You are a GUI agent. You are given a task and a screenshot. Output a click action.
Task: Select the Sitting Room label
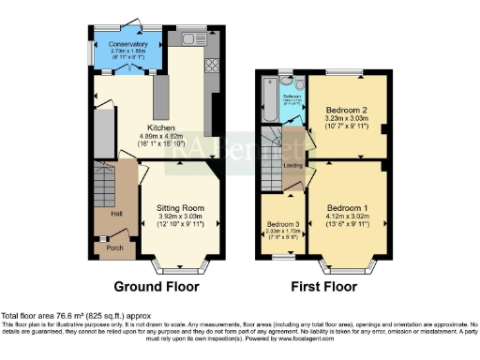click(179, 207)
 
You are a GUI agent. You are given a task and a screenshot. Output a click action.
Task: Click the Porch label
click(115, 248)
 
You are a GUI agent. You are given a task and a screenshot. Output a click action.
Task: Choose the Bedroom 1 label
click(346, 207)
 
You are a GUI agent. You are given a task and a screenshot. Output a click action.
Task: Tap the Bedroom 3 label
click(283, 225)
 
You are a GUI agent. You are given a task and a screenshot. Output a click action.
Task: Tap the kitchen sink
click(189, 39)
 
